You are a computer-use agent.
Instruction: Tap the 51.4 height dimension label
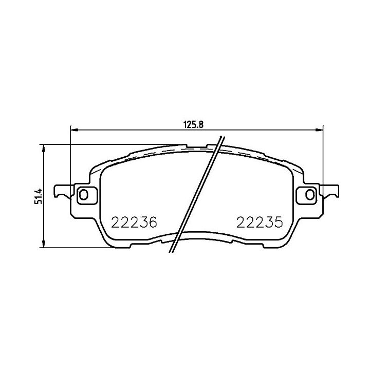tap(37, 195)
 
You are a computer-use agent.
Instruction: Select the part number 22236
tap(134, 223)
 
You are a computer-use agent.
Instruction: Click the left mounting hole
tap(84, 194)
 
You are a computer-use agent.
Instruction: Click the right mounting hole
tap(309, 194)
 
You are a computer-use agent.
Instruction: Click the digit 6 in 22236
tap(151, 223)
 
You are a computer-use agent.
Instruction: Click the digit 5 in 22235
tap(278, 223)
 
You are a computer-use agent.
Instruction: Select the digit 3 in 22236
tap(142, 223)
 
